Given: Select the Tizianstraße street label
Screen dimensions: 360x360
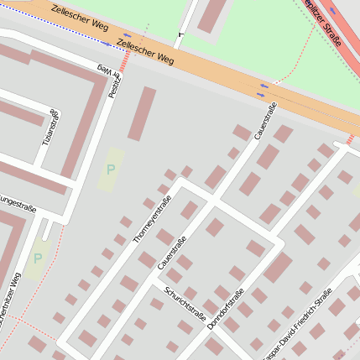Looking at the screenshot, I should point(54,126).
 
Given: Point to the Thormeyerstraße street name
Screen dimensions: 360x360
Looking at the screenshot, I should point(152,220).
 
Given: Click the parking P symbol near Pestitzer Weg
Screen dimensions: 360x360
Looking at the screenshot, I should point(111,170).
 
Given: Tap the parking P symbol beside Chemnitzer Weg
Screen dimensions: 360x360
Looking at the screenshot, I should point(37,259).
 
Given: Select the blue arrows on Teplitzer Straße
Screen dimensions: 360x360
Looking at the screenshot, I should point(333,11).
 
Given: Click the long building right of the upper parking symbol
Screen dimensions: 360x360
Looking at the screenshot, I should point(142,113).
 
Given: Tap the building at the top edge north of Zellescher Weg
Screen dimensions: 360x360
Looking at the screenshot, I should point(212,15).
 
